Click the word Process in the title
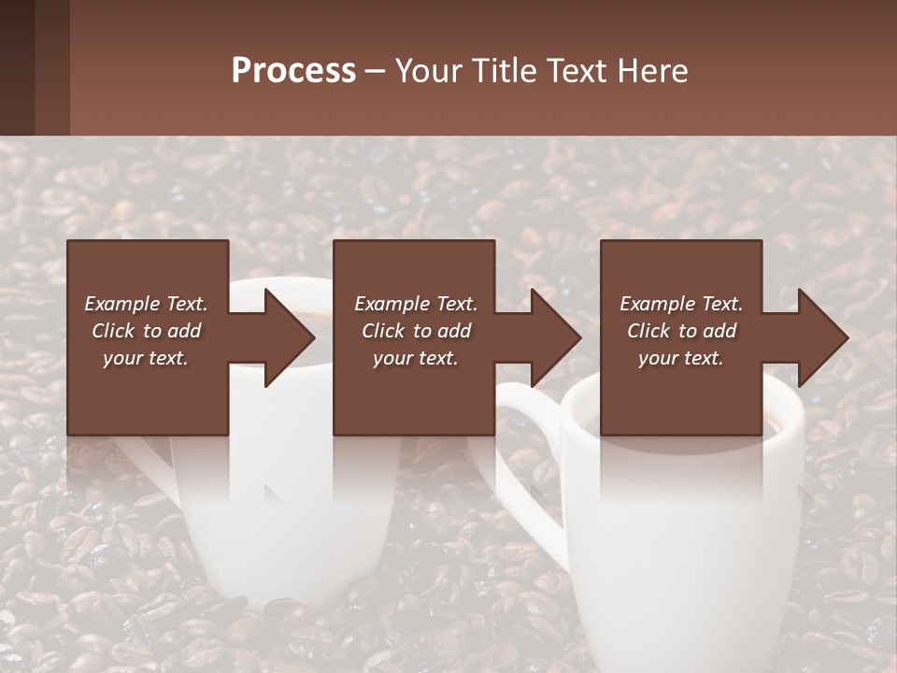(293, 71)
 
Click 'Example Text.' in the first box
(146, 304)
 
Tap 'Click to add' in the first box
(146, 331)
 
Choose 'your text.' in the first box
(146, 358)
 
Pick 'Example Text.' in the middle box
(416, 304)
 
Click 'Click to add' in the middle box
(416, 331)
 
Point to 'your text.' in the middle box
(416, 358)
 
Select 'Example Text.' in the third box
(681, 304)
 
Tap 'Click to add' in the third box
(681, 331)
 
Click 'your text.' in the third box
(681, 358)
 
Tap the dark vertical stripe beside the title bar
(52, 67)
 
